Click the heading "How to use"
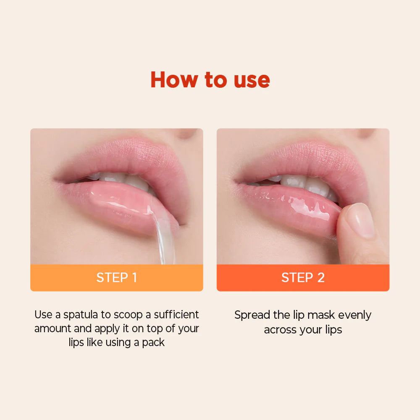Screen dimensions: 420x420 click(210, 80)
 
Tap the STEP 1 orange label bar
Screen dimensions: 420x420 click(117, 278)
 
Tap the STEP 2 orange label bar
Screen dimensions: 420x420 click(303, 278)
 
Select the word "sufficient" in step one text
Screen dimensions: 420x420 click(176, 315)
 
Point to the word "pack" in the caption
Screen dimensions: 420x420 click(153, 342)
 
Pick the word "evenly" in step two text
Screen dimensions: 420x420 click(355, 315)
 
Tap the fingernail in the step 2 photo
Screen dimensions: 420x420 click(361, 220)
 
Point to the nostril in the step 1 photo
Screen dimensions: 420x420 click(187, 133)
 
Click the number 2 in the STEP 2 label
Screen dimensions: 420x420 click(320, 278)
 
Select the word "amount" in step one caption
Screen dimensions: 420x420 click(52, 328)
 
